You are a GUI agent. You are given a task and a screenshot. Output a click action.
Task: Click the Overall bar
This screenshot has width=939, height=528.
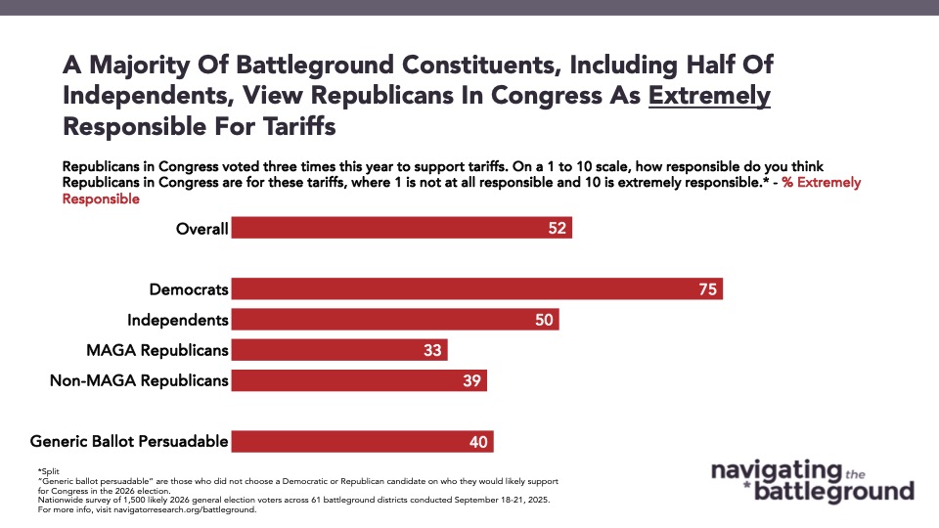pos(401,228)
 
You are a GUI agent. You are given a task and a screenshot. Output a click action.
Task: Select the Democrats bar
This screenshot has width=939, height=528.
pos(476,289)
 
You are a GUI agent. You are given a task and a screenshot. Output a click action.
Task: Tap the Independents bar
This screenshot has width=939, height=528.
pos(395,320)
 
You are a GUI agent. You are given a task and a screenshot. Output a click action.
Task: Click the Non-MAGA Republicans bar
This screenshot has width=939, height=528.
pos(359,380)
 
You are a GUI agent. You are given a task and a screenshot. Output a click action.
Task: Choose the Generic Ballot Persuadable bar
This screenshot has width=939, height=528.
pos(362,441)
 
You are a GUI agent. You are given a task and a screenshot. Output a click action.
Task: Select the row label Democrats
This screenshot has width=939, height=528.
pos(189,289)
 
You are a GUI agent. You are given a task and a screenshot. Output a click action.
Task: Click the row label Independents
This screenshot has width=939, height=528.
pos(178,320)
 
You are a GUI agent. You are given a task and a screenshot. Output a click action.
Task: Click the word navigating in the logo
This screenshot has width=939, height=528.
pos(776,471)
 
